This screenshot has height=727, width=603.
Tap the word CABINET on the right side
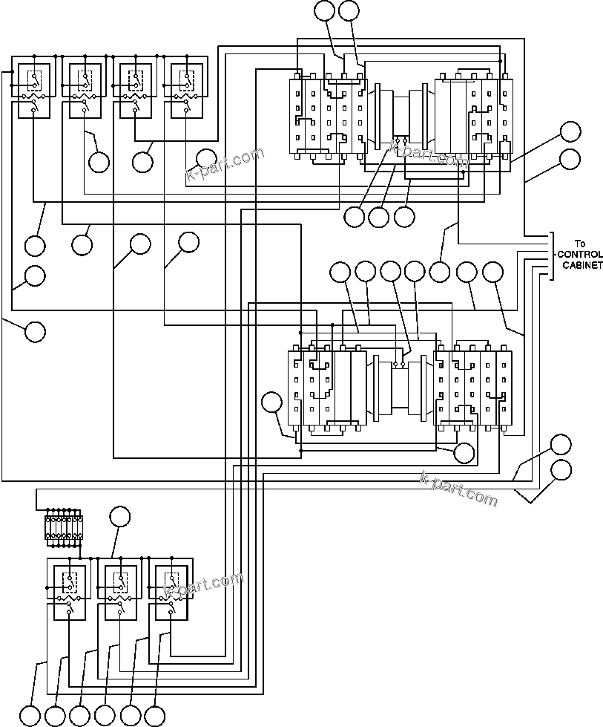point(582,265)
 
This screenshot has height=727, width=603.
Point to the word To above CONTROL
point(581,244)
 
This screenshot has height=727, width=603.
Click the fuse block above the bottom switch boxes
point(64,527)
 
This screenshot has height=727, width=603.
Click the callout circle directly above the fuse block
point(119,517)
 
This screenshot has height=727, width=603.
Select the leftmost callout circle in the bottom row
point(30,715)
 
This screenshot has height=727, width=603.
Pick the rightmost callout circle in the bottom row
point(154,715)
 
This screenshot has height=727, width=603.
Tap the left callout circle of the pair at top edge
point(324,10)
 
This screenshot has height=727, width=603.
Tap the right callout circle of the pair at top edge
point(349,10)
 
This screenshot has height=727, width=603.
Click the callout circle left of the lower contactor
point(273,403)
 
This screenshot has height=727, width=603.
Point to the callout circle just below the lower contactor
point(464,452)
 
